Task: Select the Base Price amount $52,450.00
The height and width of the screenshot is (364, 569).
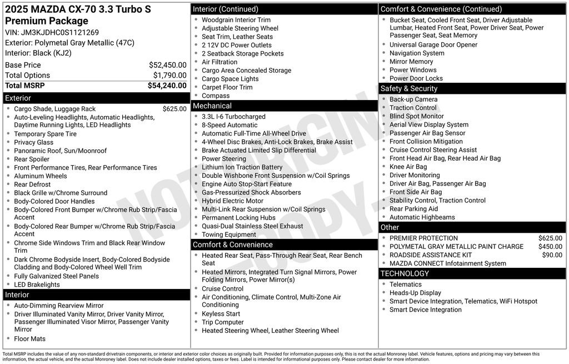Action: (167, 65)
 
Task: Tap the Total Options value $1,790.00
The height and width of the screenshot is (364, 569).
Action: (169, 76)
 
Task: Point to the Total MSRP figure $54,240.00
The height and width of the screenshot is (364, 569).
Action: (167, 86)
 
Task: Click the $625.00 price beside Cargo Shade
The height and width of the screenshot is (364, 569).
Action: (174, 109)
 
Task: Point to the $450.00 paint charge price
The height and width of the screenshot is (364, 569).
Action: (550, 247)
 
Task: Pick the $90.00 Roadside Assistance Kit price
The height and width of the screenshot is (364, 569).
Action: (552, 255)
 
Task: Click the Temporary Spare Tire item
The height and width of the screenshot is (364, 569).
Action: (46, 134)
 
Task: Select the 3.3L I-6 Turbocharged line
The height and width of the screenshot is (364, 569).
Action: (233, 117)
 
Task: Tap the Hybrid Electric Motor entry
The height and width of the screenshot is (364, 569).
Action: (232, 201)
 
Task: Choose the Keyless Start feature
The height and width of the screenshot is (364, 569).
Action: (221, 314)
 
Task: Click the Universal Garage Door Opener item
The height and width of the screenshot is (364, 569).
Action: (433, 45)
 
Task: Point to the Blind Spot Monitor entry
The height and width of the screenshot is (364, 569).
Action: (417, 116)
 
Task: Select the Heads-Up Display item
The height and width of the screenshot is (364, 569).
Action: (415, 293)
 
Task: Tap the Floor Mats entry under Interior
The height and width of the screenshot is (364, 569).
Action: (30, 339)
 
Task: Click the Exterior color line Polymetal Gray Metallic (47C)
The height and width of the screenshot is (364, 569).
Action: (69, 43)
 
